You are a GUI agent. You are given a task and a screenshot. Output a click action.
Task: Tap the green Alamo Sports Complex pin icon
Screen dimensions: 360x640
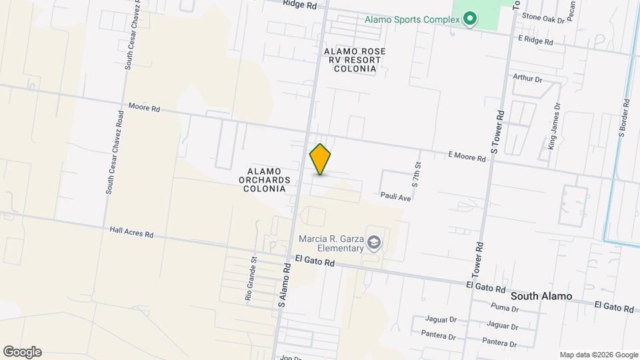coord(470,19)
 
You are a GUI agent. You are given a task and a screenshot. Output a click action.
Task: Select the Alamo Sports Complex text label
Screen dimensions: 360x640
coord(412,19)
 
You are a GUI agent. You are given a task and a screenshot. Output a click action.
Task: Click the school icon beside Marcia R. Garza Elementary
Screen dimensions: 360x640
coord(375,243)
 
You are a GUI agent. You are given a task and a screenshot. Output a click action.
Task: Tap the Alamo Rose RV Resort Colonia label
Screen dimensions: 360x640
coord(355,59)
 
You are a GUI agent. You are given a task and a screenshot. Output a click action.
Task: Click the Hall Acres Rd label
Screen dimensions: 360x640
coord(132,232)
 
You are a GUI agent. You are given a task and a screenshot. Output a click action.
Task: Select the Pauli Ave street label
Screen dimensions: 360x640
coord(395,197)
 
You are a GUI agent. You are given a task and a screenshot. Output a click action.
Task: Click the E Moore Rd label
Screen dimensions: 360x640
coord(467,155)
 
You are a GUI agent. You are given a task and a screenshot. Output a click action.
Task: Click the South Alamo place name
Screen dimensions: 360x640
coord(541,295)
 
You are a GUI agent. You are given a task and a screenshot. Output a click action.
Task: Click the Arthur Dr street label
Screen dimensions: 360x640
coord(527,79)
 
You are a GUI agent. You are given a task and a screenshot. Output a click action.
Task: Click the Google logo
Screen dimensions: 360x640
coord(22,352)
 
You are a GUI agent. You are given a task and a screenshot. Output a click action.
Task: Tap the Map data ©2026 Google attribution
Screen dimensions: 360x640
coord(599,355)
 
